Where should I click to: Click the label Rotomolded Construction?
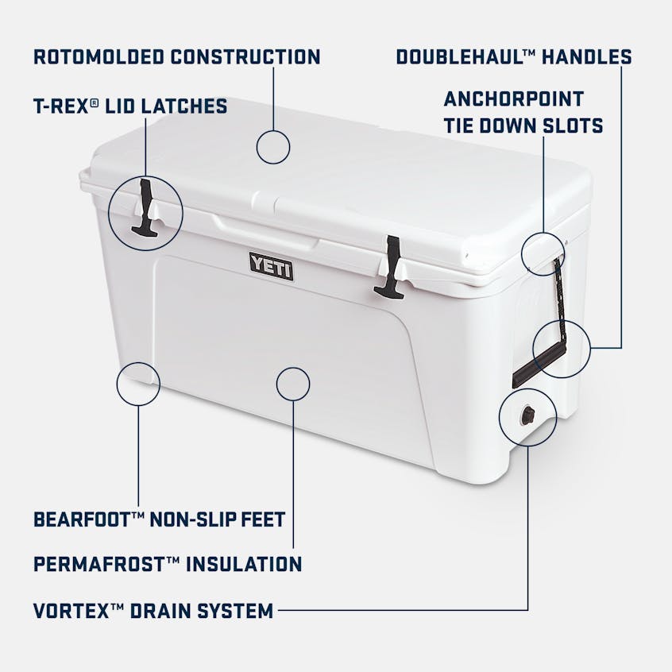pos(176,56)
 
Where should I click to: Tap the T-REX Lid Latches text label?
pos(130,106)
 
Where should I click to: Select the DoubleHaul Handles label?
pos(514,56)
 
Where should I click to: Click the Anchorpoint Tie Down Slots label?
pos(523,112)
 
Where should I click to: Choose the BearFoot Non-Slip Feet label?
pos(160,519)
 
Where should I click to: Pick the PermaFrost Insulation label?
pos(168,565)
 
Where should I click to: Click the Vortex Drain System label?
pos(154,611)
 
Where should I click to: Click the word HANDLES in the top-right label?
pos(588,56)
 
